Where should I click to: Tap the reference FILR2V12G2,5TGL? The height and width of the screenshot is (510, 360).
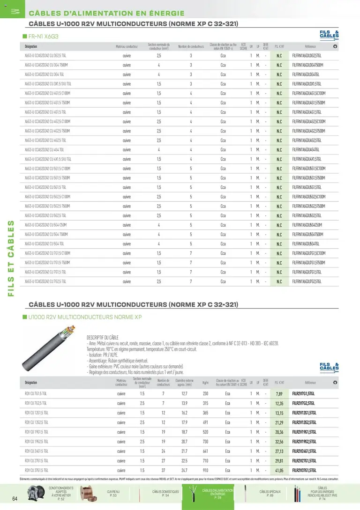[304, 422]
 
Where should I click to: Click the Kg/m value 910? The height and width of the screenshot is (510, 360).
[205, 470]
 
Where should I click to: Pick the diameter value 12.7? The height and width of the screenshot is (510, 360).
[184, 394]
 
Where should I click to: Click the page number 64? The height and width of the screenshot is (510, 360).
[15, 498]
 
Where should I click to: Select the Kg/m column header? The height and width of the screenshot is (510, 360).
[205, 383]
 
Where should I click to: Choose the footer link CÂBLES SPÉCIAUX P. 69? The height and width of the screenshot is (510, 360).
[270, 493]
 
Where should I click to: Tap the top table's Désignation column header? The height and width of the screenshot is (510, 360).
[31, 46]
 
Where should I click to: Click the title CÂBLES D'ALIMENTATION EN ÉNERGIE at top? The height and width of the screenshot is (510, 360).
[107, 13]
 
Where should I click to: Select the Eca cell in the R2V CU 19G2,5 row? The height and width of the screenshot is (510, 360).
[227, 442]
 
